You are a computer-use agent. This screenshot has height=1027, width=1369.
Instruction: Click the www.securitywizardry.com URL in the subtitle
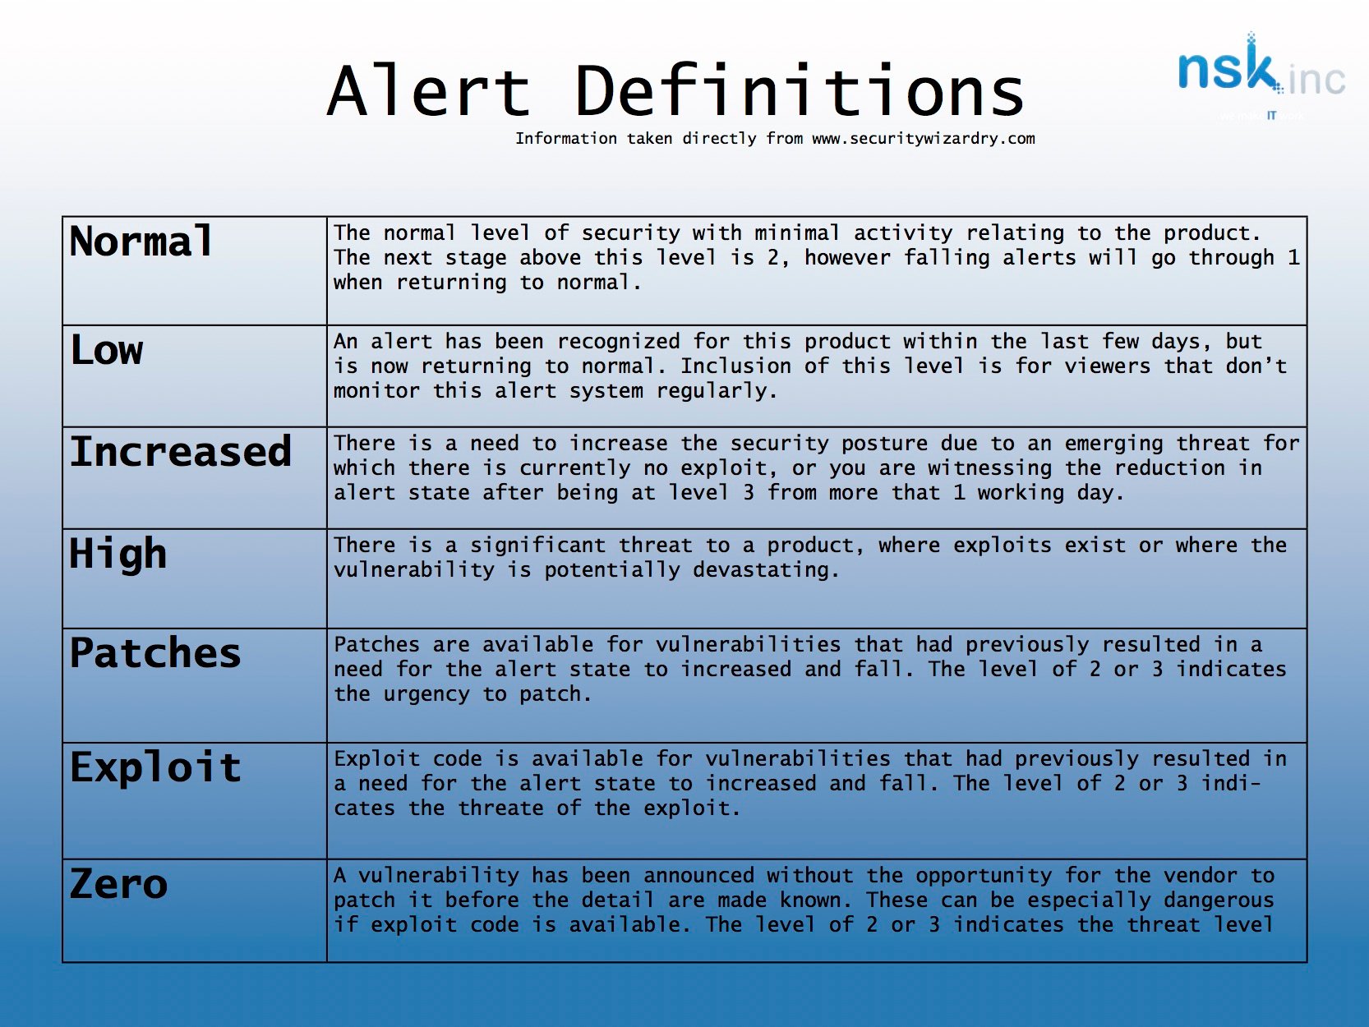(x=923, y=139)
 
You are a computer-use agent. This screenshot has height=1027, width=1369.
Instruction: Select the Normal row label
(x=141, y=242)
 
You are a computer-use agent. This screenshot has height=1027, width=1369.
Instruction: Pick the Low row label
(x=107, y=350)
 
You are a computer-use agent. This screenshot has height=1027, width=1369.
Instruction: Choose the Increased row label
(x=181, y=452)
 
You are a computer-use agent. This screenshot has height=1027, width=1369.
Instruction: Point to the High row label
(x=118, y=554)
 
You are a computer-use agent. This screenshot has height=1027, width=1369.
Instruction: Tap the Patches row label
(x=155, y=654)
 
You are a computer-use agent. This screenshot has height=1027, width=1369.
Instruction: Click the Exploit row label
(x=155, y=768)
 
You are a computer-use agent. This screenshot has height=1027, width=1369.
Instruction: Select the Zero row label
(x=119, y=885)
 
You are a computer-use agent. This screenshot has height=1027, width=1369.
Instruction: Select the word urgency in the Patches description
(x=426, y=694)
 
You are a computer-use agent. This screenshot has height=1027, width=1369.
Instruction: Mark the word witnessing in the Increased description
(x=989, y=468)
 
